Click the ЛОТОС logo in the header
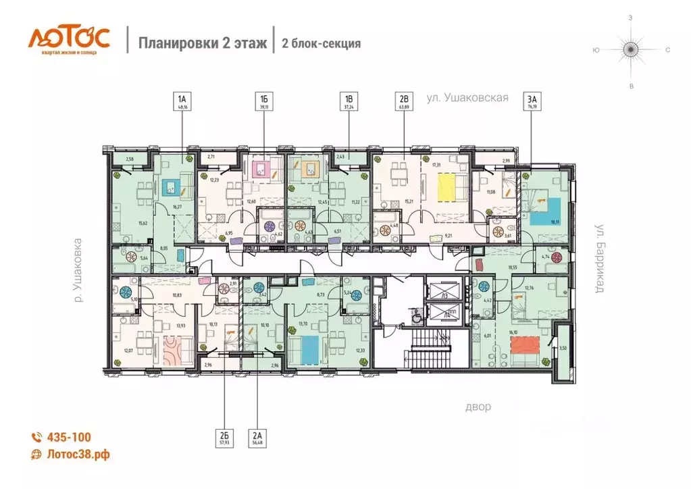tap(68, 39)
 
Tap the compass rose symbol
tap(631, 49)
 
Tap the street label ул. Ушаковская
tap(467, 98)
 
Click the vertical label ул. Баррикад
tap(598, 257)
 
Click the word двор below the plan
tap(478, 407)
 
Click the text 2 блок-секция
tap(321, 43)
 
